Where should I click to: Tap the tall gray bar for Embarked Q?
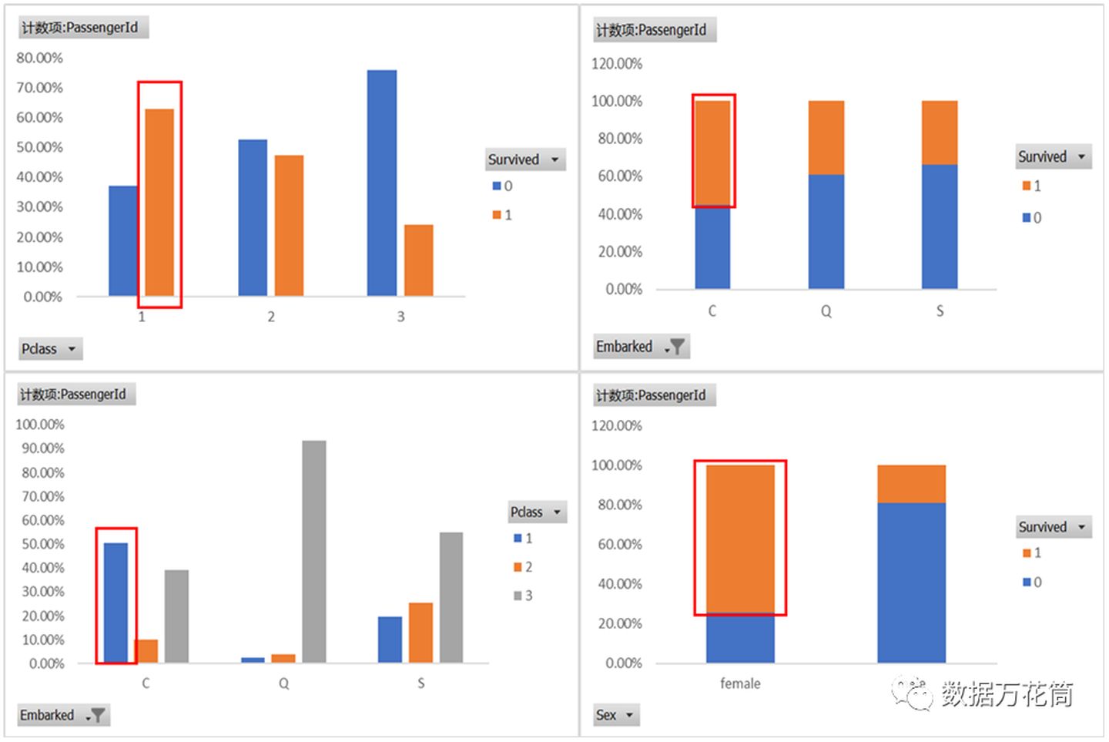click(x=313, y=551)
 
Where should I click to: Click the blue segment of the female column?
click(x=740, y=639)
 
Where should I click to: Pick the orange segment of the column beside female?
click(x=911, y=484)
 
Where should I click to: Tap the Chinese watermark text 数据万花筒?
click(x=1007, y=694)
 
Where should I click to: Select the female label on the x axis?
click(x=740, y=683)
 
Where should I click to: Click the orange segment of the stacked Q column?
click(x=826, y=138)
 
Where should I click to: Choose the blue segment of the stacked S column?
click(x=940, y=227)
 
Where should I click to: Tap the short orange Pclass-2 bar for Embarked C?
click(x=146, y=651)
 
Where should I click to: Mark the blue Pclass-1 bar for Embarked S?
click(x=390, y=640)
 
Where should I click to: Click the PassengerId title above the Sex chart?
click(x=652, y=395)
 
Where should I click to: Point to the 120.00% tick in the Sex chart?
click(x=616, y=425)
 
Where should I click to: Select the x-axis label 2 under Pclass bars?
click(x=271, y=317)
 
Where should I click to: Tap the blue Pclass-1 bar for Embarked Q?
click(x=253, y=660)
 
